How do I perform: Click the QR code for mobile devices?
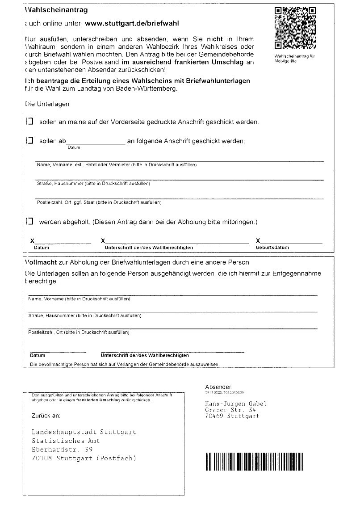click(295, 28)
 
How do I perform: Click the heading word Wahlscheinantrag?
click(57, 9)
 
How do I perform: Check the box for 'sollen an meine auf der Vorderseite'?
click(30, 121)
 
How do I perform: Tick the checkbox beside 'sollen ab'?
click(30, 140)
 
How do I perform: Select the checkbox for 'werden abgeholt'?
click(30, 221)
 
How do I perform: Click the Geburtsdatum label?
click(272, 247)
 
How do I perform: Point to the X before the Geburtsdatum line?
click(258, 241)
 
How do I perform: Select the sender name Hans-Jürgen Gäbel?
click(235, 404)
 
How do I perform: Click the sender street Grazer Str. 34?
click(230, 410)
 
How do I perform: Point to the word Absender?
click(218, 387)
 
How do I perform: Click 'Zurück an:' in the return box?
click(46, 416)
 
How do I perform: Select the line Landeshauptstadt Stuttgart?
click(84, 432)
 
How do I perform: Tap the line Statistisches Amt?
click(66, 441)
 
